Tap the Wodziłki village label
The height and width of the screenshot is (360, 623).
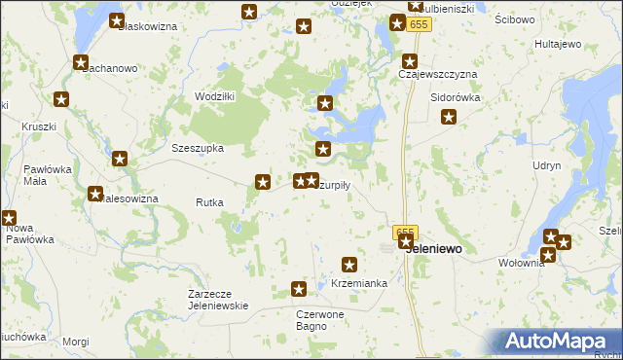pos(214,96)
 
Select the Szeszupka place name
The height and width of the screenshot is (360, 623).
pos(198,149)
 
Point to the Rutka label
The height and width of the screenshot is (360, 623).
pos(209,203)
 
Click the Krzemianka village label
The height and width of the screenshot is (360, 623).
pos(359,283)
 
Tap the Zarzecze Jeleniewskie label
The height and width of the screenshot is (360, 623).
pos(219,299)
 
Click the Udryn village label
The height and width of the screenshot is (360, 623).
pos(546,166)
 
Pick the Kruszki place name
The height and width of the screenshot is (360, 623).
pos(39,127)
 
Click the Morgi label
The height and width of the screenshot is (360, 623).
pos(75,342)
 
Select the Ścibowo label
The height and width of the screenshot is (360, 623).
pos(514,19)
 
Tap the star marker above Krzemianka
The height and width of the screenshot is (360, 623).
pos(350,265)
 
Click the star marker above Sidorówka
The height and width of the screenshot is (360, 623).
pos(449,119)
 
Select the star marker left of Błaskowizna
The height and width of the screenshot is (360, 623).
pos(117,20)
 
